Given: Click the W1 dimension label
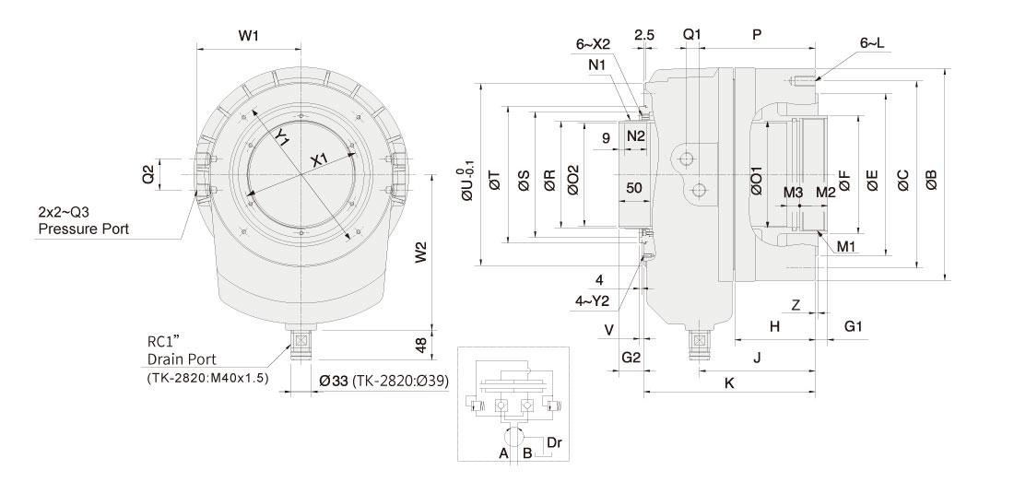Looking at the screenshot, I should pyautogui.click(x=248, y=36).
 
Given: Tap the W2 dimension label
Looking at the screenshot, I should pyautogui.click(x=421, y=252).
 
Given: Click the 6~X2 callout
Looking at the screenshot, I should pyautogui.click(x=594, y=43).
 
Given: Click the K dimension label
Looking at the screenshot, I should pyautogui.click(x=729, y=382).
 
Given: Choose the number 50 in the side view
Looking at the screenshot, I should pyautogui.click(x=633, y=187).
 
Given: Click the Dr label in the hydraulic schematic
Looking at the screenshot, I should pyautogui.click(x=554, y=442).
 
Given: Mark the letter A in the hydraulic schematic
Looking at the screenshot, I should pyautogui.click(x=503, y=453).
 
